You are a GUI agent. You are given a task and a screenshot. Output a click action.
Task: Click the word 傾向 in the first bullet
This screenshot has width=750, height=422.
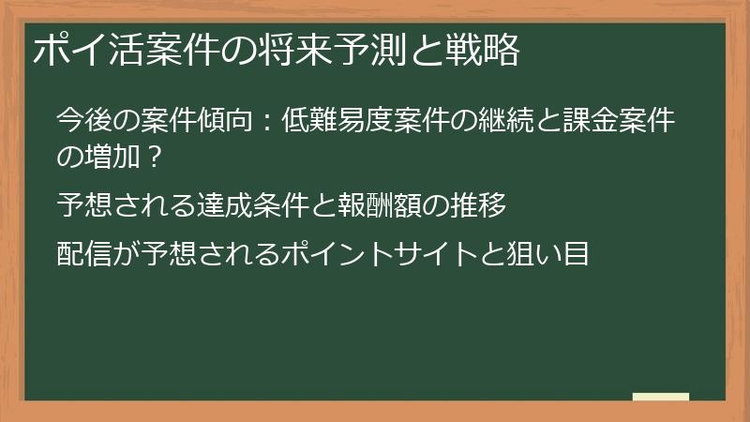(225, 121)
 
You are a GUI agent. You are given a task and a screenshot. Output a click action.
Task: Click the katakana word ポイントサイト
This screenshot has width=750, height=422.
(380, 252)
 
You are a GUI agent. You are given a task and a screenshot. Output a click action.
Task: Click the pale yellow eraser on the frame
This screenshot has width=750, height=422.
(660, 396)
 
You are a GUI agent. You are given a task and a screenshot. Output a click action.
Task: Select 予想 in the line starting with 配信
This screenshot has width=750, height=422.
(171, 252)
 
